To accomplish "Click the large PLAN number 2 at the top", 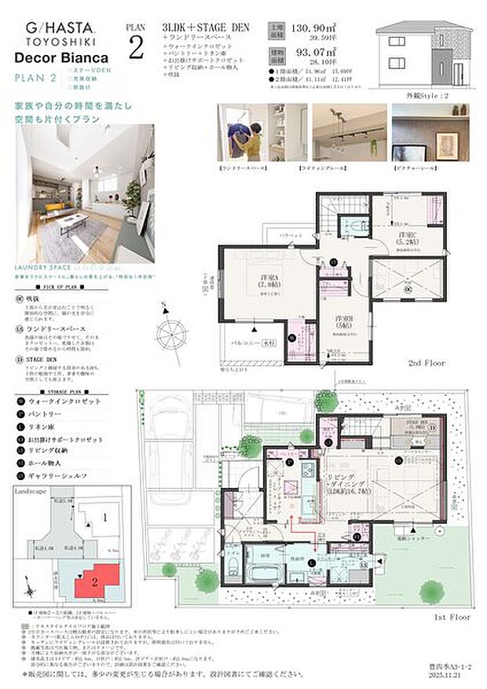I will pos(135,46).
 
